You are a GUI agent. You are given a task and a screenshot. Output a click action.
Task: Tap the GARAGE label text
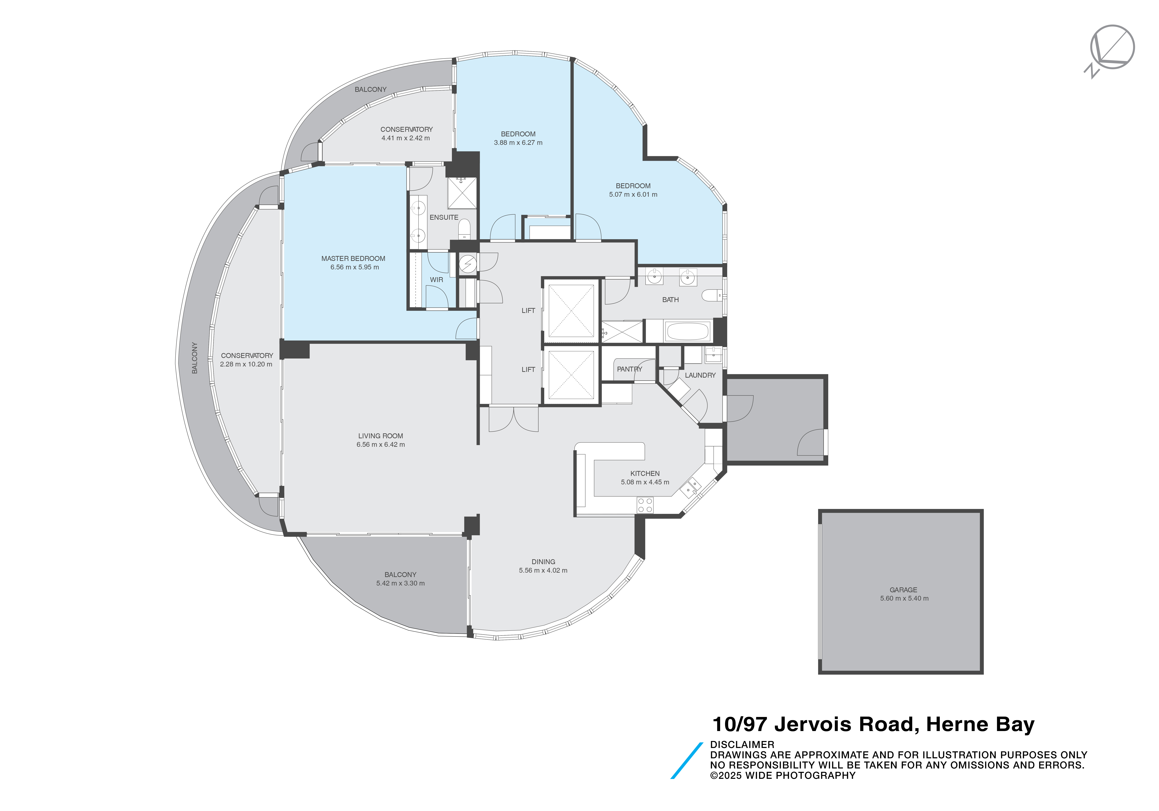903,589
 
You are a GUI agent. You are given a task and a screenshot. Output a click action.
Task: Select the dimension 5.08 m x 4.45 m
645,482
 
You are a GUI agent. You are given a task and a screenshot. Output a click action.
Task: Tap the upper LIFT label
528,310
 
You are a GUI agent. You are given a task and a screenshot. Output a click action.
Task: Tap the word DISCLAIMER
741,744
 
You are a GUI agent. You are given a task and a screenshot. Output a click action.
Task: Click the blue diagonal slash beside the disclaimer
687,761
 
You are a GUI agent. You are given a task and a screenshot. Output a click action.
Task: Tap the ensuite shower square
462,192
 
